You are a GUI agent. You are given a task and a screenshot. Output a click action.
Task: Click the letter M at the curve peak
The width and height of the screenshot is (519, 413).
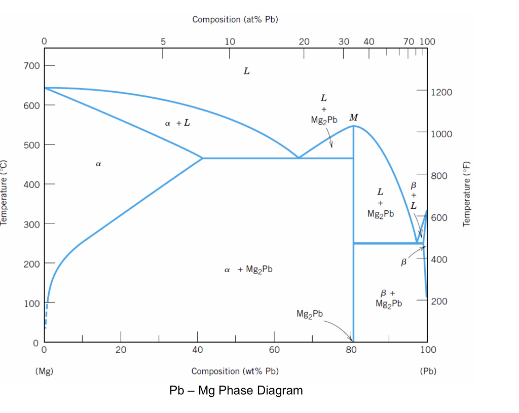click(353, 118)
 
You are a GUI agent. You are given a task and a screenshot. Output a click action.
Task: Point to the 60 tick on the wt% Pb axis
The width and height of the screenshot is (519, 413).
click(274, 350)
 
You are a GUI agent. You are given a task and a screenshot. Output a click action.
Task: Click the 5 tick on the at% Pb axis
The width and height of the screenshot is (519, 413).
click(162, 42)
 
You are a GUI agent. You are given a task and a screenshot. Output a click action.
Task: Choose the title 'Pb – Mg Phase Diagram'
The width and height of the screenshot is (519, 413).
click(237, 390)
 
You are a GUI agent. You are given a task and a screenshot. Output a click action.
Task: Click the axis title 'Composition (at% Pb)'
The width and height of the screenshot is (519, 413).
click(235, 19)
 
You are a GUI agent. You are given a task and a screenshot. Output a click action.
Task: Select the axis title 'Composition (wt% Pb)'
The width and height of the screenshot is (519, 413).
click(235, 371)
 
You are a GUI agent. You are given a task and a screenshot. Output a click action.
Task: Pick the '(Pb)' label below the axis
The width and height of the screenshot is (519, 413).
click(428, 371)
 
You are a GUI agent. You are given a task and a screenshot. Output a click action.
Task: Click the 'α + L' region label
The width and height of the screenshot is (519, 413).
click(177, 123)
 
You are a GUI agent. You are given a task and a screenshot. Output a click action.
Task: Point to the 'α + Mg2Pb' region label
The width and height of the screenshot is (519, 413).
click(248, 270)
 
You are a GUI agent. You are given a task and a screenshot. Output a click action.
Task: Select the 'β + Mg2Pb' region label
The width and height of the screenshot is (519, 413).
click(389, 298)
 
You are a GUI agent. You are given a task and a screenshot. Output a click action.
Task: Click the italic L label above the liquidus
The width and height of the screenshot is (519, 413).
click(246, 71)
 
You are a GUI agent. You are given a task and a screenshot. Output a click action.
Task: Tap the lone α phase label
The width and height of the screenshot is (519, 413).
click(98, 164)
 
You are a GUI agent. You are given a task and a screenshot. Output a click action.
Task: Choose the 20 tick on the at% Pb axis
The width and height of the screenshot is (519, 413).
click(304, 42)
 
